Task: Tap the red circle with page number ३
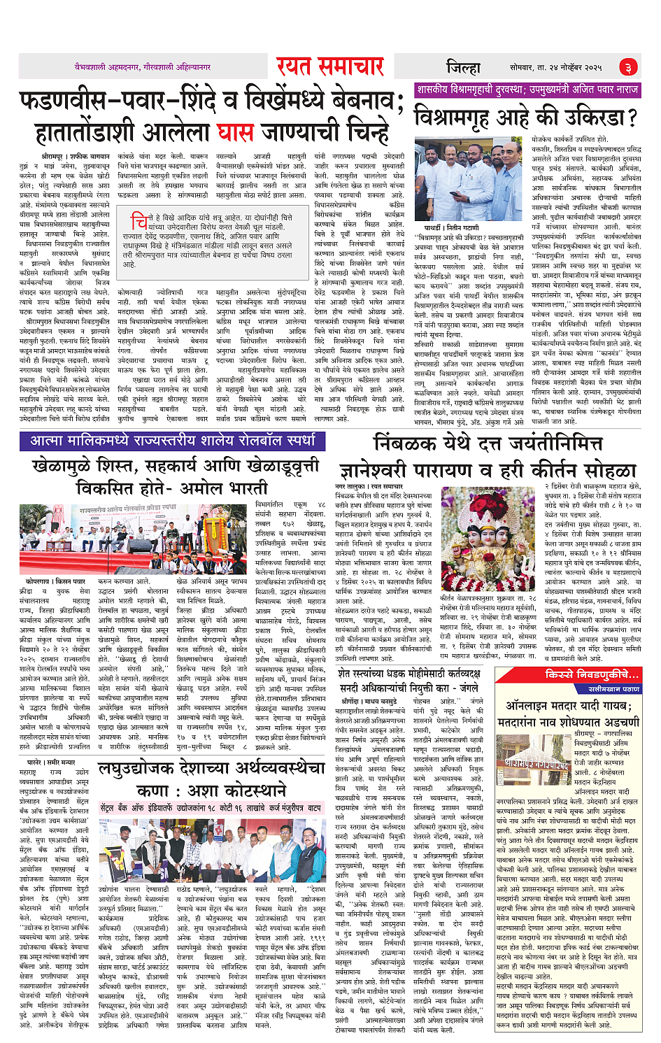coord(627,67)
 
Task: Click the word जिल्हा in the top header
coord(463,67)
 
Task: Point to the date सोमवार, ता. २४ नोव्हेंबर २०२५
coord(555,67)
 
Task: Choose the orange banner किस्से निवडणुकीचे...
coord(592,674)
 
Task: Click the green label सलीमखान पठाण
coord(613,689)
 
